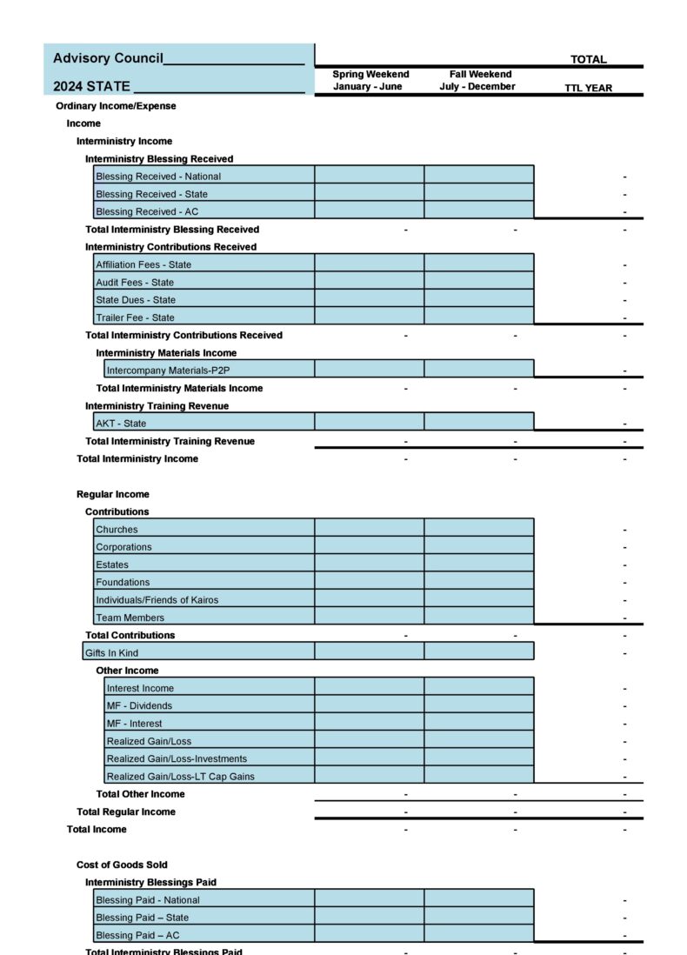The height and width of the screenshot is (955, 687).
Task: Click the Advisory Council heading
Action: [108, 58]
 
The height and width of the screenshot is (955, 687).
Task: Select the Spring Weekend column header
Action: [370, 80]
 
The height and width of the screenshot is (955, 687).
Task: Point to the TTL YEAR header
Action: [588, 88]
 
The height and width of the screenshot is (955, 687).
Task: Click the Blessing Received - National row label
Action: [158, 177]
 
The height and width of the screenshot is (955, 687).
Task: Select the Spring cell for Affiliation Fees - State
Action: [370, 264]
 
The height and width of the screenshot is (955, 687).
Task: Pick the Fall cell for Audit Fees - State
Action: [479, 282]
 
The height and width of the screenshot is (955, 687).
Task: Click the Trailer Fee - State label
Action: [135, 317]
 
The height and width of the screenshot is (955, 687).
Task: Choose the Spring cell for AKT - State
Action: [370, 424]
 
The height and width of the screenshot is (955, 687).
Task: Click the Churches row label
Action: [117, 530]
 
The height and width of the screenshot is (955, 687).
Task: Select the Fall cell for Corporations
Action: [479, 547]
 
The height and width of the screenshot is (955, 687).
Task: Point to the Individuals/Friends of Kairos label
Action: [157, 600]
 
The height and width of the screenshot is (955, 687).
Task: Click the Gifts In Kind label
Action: [111, 653]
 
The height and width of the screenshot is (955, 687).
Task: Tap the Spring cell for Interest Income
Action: [370, 688]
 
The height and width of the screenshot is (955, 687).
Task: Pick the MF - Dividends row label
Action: [139, 706]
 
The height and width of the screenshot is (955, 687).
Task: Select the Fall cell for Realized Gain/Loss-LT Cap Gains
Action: [479, 776]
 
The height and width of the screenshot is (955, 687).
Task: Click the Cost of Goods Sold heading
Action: [122, 865]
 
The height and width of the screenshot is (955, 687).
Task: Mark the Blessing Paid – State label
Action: [142, 918]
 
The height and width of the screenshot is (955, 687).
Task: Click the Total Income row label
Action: [97, 830]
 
